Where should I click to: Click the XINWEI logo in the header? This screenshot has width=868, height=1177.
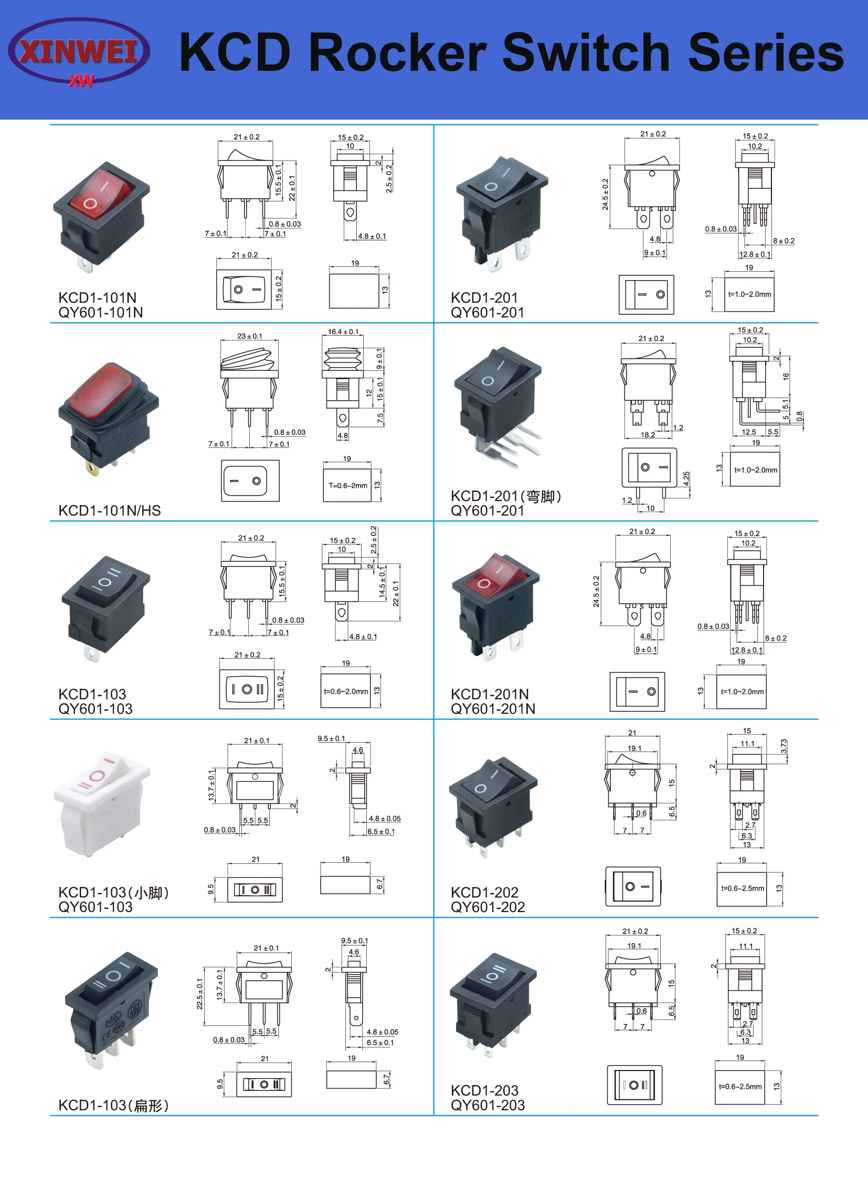pyautogui.click(x=79, y=51)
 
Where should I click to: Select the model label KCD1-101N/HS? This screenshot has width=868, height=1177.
pyautogui.click(x=109, y=510)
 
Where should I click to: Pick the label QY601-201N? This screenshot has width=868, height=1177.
pyautogui.click(x=493, y=709)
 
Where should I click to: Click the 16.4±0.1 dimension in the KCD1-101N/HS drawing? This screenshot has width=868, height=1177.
pyautogui.click(x=343, y=332)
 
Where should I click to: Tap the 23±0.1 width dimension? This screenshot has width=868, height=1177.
pyautogui.click(x=250, y=336)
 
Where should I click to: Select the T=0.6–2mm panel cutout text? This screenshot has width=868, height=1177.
pyautogui.click(x=348, y=486)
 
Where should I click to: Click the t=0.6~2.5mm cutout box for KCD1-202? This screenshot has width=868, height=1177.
pyautogui.click(x=742, y=888)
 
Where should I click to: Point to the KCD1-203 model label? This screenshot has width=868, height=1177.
pyautogui.click(x=484, y=1090)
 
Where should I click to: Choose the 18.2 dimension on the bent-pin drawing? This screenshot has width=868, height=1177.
pyautogui.click(x=648, y=435)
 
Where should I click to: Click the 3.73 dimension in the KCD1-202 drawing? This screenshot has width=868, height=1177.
pyautogui.click(x=784, y=746)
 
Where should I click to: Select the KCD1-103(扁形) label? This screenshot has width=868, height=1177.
pyautogui.click(x=113, y=1106)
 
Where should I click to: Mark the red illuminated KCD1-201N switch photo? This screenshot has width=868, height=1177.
pyautogui.click(x=494, y=604)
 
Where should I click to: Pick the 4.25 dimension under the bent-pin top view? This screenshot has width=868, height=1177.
pyautogui.click(x=686, y=478)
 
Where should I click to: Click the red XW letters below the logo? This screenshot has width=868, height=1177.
pyautogui.click(x=81, y=81)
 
